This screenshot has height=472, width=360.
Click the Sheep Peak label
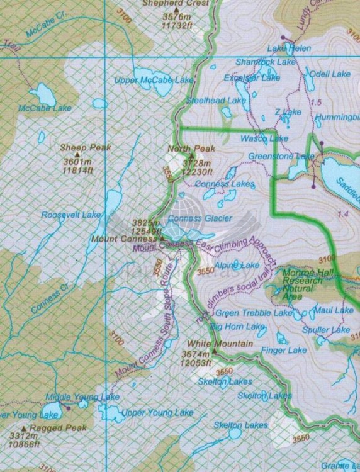86,148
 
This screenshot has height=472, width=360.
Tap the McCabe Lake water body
43,94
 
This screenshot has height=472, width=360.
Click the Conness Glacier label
200,218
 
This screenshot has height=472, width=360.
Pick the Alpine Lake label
236,266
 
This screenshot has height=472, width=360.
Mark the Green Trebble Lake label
254,313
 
